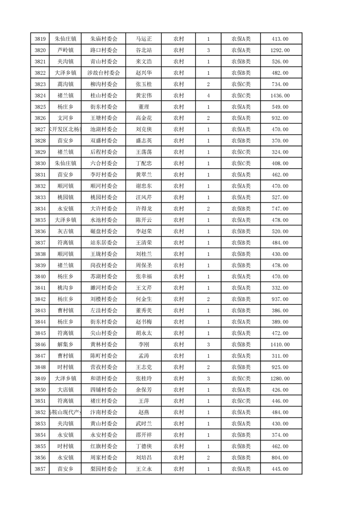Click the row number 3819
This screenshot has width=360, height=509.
[39, 39]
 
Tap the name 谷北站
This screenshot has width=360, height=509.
[144, 50]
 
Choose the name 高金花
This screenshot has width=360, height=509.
[144, 118]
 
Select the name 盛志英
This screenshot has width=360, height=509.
[144, 141]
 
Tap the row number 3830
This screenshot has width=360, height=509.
[39, 163]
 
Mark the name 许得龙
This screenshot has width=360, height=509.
[144, 209]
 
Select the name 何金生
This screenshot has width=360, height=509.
[144, 299]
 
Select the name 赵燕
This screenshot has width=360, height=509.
[144, 412]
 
